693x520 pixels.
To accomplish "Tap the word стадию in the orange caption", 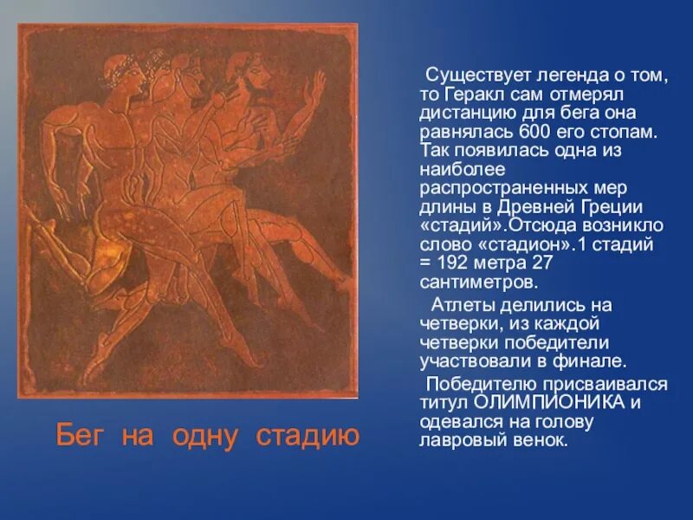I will (308, 435).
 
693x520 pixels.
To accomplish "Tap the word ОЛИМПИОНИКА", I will (543, 402).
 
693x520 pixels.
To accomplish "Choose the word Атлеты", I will (460, 305).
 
